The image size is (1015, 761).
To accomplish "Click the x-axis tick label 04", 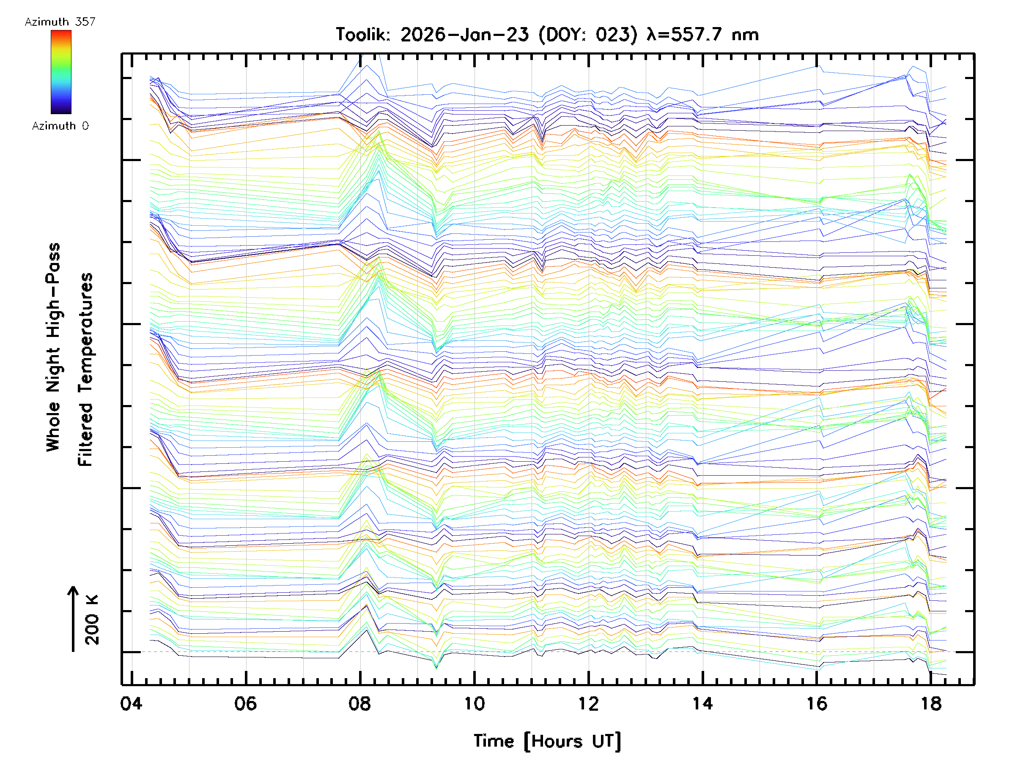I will coord(131,703).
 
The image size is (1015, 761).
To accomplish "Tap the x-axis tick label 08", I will coord(360,703).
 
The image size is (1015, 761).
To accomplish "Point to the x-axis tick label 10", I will coord(474,703).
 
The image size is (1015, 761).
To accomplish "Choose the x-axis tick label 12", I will coord(588,703).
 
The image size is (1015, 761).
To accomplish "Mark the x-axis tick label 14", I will coord(702,703).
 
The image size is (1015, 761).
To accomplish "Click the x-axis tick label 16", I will coord(817,703).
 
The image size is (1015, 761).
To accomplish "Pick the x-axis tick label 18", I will coord(931,703).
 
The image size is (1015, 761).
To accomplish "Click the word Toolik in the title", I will coord(362,35).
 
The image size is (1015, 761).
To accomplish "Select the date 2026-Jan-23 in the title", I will coord(464,35).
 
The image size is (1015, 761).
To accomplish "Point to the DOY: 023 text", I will coord(588,35).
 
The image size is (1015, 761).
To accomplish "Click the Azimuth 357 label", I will coord(60,22).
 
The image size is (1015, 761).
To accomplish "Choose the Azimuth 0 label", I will coord(60,126).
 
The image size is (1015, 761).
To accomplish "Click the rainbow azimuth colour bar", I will coord(61,72).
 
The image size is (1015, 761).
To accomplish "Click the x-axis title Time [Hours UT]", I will coord(547,741).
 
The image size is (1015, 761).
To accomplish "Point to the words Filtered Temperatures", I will coord(85,369).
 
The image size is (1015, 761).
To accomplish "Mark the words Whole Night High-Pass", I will coord(53,347).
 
